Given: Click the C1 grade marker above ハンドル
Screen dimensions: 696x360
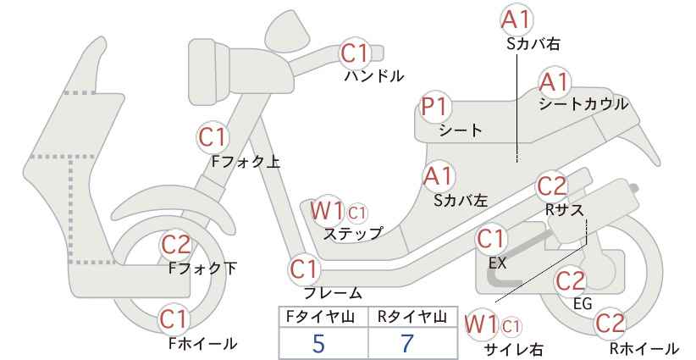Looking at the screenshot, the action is pyautogui.click(x=355, y=53).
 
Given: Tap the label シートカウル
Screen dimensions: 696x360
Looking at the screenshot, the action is pyautogui.click(x=583, y=104).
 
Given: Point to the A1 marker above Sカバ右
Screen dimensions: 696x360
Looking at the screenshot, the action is pyautogui.click(x=516, y=20).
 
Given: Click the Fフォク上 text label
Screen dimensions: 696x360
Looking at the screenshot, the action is pyautogui.click(x=246, y=162).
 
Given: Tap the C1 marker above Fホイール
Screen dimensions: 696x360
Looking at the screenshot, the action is pyautogui.click(x=174, y=319).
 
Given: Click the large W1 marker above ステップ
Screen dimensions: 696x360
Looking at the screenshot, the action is pyautogui.click(x=327, y=211).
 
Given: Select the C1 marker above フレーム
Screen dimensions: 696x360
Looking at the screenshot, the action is pyautogui.click(x=305, y=269).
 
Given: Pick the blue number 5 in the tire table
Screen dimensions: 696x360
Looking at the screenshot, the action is pyautogui.click(x=318, y=344).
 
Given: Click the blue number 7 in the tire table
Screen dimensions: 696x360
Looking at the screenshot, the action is pyautogui.click(x=407, y=344).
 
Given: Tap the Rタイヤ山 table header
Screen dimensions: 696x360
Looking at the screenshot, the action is pyautogui.click(x=412, y=317).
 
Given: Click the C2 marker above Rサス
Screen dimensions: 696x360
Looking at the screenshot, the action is pyautogui.click(x=552, y=186).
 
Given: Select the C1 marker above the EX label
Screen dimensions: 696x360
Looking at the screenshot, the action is pyautogui.click(x=491, y=240).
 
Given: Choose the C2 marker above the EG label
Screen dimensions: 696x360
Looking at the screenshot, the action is pyautogui.click(x=571, y=281).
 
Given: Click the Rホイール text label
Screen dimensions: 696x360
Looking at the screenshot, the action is pyautogui.click(x=644, y=348).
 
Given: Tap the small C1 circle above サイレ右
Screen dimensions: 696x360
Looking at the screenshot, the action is pyautogui.click(x=511, y=328).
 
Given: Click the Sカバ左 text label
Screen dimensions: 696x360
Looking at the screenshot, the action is pyautogui.click(x=461, y=201).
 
